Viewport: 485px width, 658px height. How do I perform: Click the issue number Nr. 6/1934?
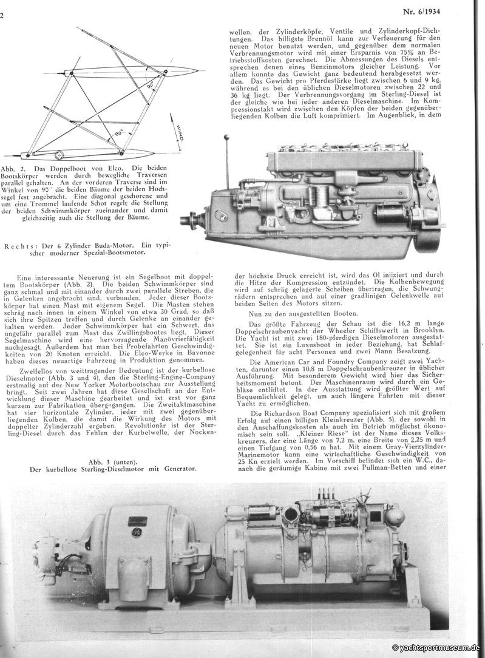point(456,11)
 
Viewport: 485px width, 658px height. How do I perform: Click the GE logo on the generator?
point(134,532)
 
